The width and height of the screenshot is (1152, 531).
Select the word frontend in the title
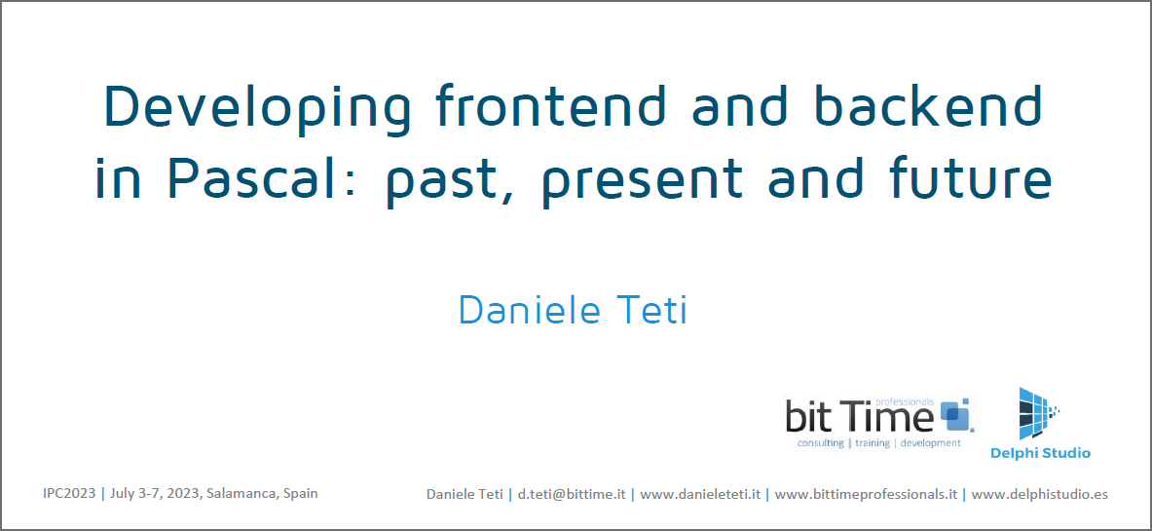(551, 104)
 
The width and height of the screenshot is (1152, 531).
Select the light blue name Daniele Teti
(574, 310)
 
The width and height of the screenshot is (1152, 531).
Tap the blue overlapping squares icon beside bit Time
(954, 414)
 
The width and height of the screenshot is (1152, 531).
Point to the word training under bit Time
(873, 443)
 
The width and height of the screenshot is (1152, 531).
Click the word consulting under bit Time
(820, 443)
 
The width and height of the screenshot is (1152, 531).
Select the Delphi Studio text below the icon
(1040, 453)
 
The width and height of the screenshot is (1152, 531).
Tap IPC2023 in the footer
(69, 493)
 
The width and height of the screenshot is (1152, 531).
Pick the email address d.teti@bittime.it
(572, 495)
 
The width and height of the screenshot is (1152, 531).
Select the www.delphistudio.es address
(1040, 495)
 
